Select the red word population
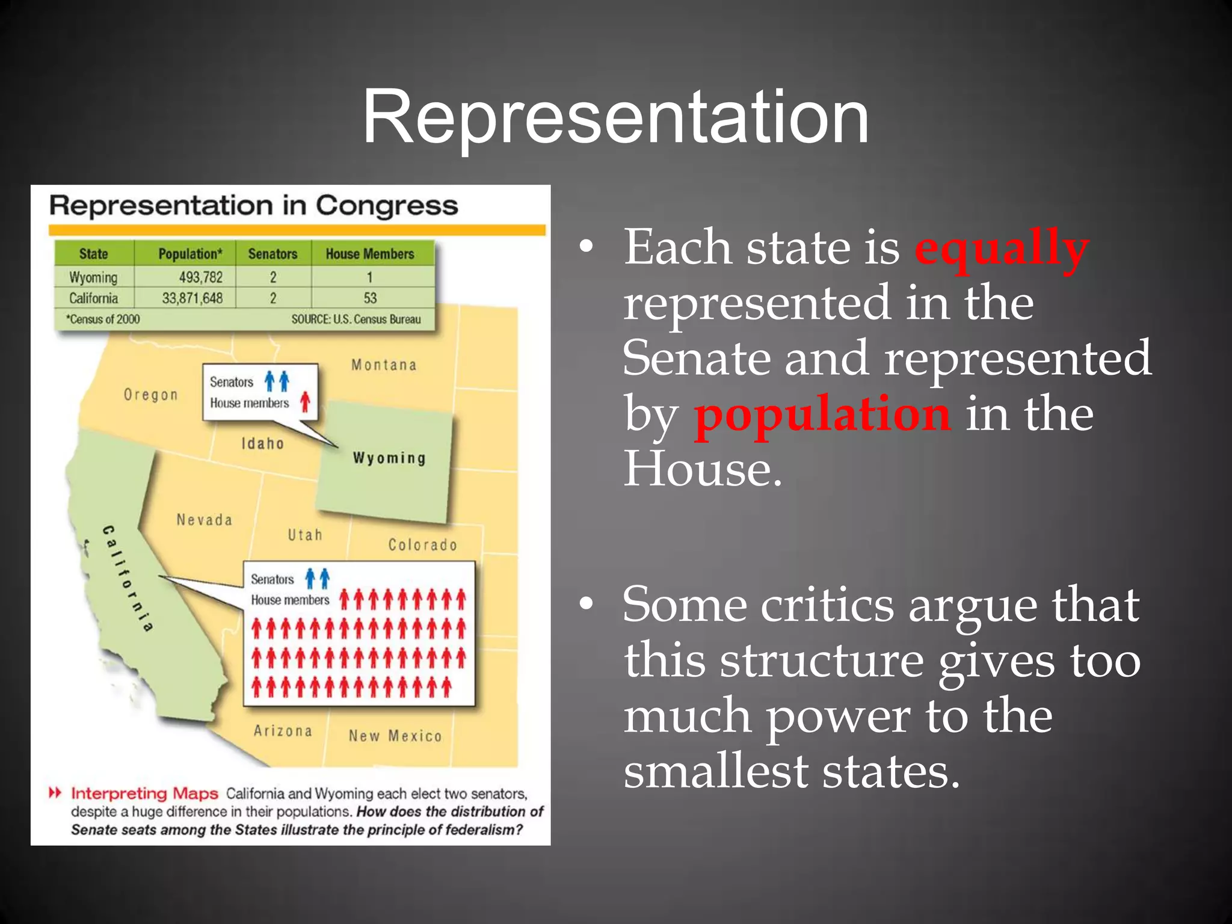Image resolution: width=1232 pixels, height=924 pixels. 822,414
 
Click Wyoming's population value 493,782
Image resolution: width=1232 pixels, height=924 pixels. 200,277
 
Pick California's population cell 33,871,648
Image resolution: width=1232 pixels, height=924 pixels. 192,298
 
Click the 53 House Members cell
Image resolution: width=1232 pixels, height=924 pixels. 370,298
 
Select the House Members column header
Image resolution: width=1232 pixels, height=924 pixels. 370,254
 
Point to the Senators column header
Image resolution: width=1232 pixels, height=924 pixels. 273,254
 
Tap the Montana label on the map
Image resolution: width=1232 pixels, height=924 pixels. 384,365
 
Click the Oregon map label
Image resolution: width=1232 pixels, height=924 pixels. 151,395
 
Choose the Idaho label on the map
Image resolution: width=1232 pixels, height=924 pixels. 262,444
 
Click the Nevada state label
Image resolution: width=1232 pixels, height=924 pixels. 205,520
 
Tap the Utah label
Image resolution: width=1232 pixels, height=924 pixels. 305,535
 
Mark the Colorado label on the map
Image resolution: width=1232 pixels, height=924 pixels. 422,545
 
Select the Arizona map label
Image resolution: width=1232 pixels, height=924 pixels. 283,731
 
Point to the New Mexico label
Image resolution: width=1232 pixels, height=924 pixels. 395,736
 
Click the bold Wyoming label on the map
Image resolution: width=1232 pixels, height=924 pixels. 389,458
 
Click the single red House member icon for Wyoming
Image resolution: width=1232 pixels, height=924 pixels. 306,402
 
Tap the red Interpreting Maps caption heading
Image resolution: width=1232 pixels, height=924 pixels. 144,793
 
